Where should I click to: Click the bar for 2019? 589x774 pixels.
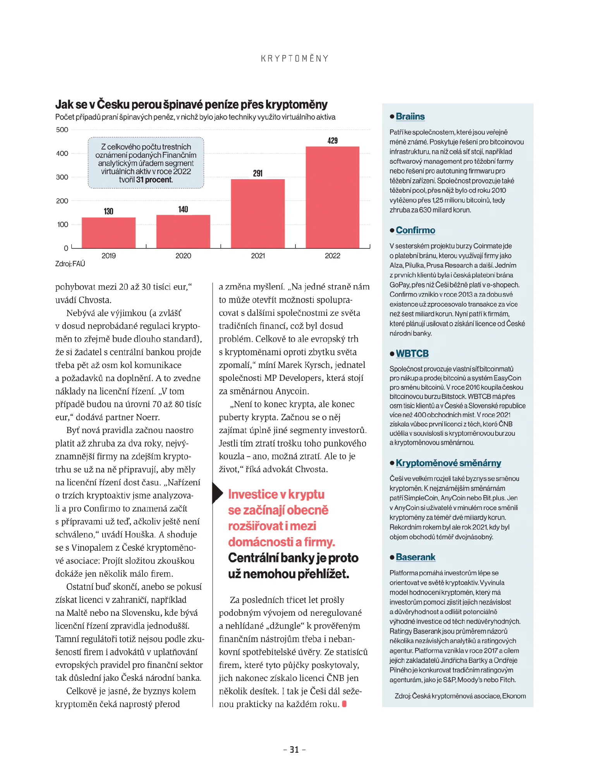(108, 233)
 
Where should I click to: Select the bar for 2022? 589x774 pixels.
(332, 197)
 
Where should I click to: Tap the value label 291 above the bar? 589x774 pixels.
(258, 173)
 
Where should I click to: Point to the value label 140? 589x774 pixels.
(183, 209)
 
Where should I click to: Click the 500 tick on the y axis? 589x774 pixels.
(62, 130)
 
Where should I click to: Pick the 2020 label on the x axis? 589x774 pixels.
(183, 256)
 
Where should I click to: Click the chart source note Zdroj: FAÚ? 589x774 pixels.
(70, 264)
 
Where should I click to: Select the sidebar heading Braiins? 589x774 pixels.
(410, 116)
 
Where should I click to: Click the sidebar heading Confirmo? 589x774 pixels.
(416, 230)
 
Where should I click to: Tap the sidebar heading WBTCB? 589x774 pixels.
(412, 353)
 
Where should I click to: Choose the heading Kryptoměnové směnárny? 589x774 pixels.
(448, 463)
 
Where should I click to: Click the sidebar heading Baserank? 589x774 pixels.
(416, 557)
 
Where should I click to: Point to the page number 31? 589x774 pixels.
(294, 750)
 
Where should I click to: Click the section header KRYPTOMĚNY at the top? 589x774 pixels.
(295, 58)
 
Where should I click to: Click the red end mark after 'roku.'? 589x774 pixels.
(344, 704)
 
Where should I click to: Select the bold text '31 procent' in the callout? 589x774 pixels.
(154, 180)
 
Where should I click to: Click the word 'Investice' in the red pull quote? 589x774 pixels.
(253, 494)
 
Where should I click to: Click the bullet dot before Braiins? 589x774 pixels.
(392, 116)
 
